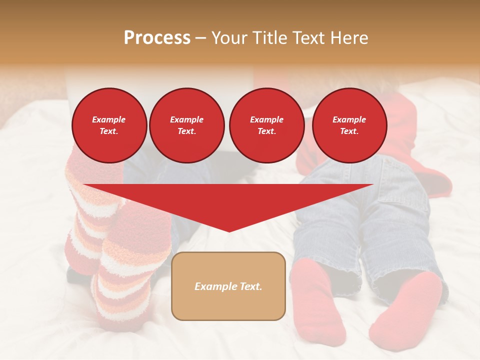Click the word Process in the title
click(x=157, y=38)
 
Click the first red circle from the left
click(x=109, y=125)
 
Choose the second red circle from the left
click(x=186, y=125)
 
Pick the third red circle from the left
click(x=266, y=125)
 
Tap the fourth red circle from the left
click(x=349, y=125)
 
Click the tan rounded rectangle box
click(x=228, y=305)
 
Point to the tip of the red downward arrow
click(x=229, y=230)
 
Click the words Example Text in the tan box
click(x=228, y=286)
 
